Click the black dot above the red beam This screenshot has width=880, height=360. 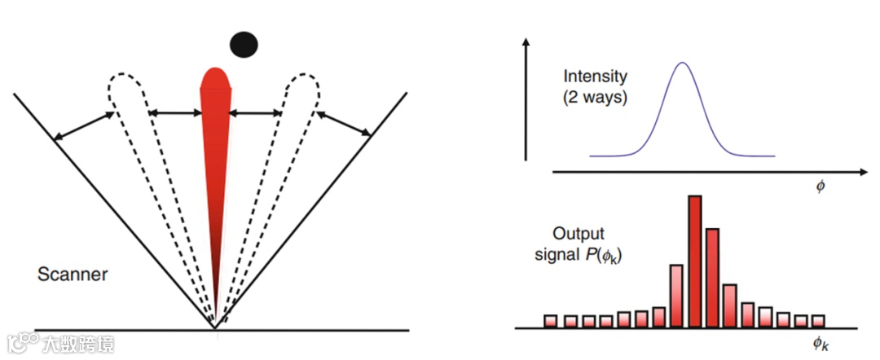(x=244, y=44)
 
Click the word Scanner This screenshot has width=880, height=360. (x=73, y=274)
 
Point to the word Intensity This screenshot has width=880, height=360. (x=596, y=77)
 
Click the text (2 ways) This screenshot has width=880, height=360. (x=596, y=97)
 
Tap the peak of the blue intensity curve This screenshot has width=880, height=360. (x=683, y=64)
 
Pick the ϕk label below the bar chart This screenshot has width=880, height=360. (x=822, y=345)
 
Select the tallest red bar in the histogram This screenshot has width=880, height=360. (x=695, y=261)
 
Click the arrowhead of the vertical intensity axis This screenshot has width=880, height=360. (x=529, y=41)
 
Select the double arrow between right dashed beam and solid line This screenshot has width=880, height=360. (x=345, y=123)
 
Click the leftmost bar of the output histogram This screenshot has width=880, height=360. (x=551, y=321)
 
